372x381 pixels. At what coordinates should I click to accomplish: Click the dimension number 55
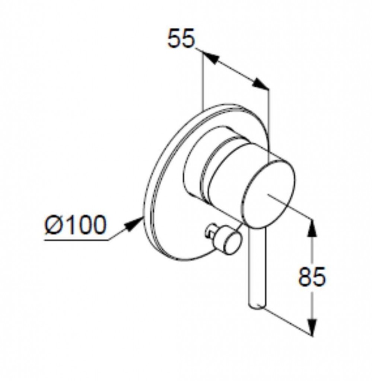click(x=181, y=38)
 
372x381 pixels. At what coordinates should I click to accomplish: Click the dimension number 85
click(x=311, y=276)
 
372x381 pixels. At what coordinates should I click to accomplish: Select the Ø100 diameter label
click(x=75, y=225)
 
